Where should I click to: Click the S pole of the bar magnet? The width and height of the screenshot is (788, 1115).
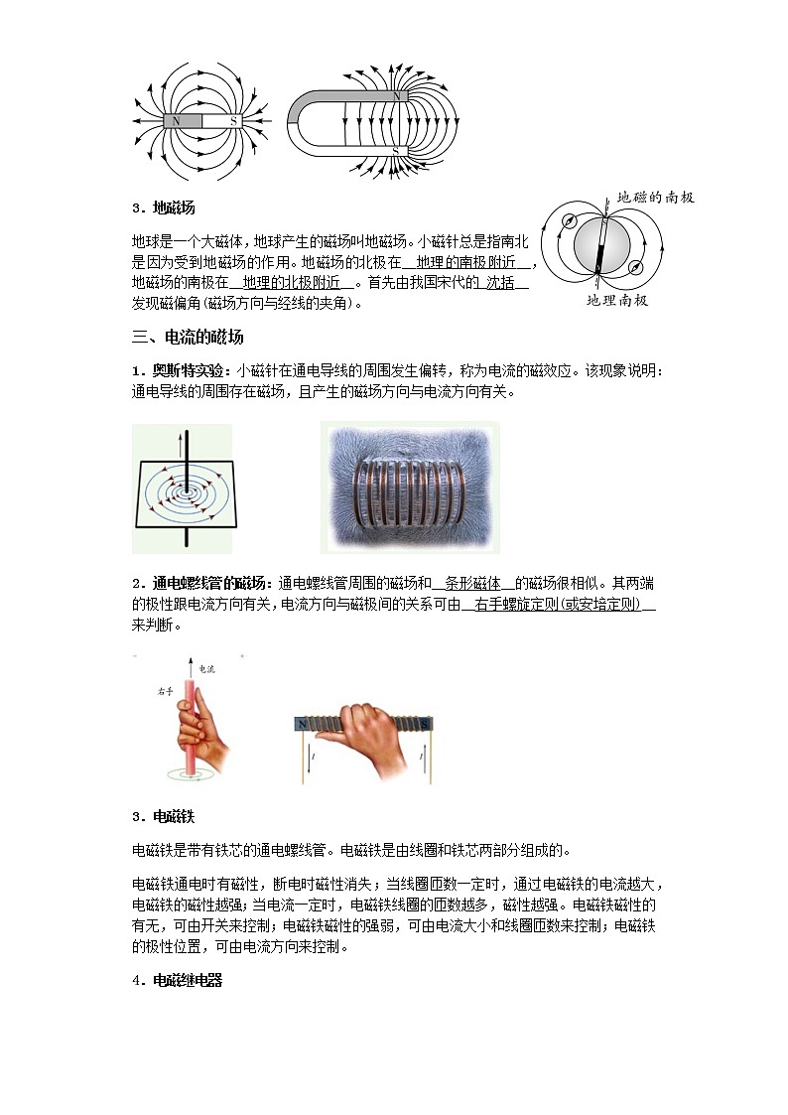tap(233, 121)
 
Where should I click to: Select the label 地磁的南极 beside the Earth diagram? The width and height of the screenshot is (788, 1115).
tap(656, 198)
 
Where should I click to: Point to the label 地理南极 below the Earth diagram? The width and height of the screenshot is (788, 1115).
tap(616, 300)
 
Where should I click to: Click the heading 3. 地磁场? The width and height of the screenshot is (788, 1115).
tap(164, 209)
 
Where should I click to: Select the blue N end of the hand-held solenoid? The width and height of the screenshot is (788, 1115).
tap(301, 726)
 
